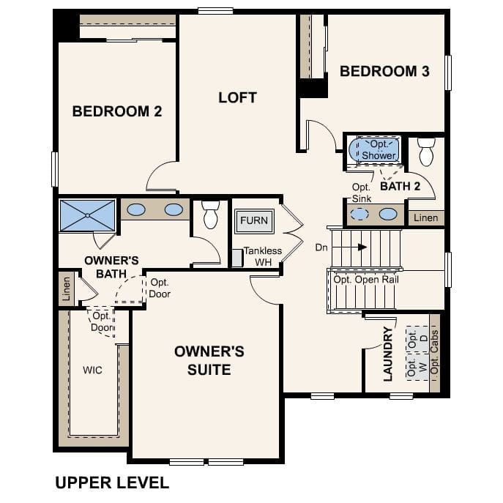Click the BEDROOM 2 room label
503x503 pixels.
[x=116, y=111]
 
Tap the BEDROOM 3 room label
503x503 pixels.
[x=384, y=71]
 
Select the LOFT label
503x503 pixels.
[x=238, y=97]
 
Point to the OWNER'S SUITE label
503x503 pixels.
[x=209, y=360]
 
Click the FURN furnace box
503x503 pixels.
[x=254, y=220]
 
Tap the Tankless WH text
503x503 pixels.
[x=262, y=256]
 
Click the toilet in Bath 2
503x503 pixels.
[x=426, y=152]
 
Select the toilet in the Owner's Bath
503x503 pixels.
[x=210, y=215]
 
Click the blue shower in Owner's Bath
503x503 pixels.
[x=87, y=215]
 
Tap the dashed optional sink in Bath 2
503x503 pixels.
[x=359, y=215]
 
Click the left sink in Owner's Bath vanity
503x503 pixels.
[x=136, y=210]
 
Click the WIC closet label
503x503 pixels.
[x=92, y=370]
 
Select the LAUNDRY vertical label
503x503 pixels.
[x=388, y=354]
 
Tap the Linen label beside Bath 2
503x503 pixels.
[x=425, y=218]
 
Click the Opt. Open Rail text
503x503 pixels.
[x=365, y=280]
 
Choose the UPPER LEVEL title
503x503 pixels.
[x=112, y=482]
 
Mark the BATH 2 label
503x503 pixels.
[x=400, y=187]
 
